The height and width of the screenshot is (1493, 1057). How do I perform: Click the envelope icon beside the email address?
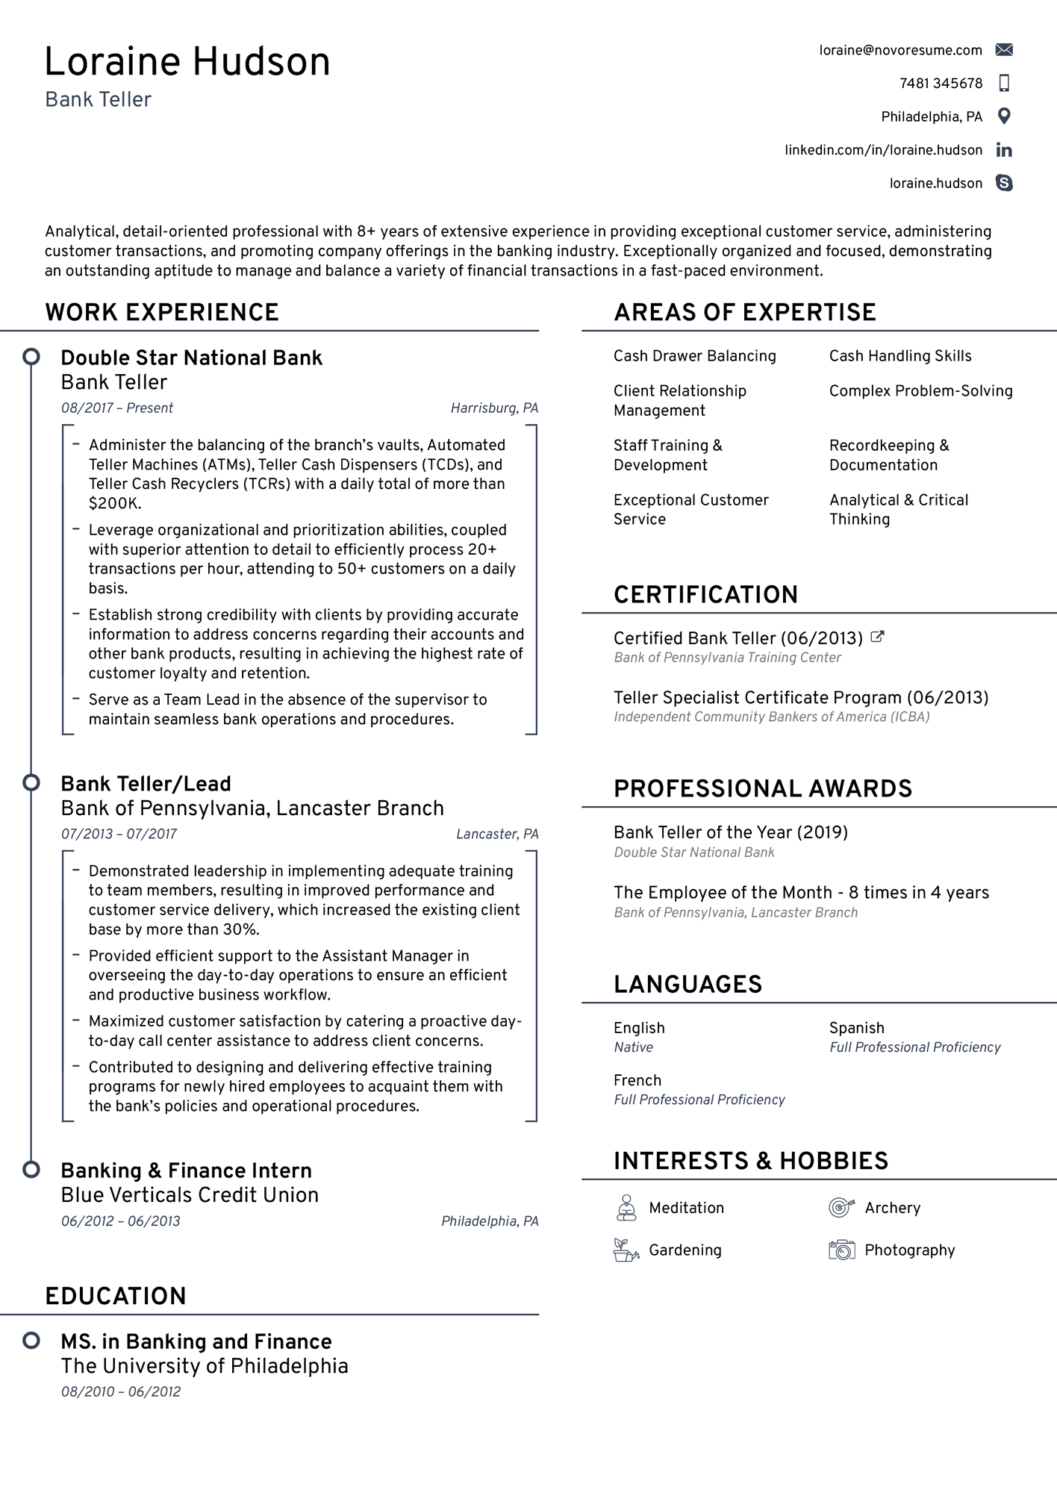(x=1004, y=50)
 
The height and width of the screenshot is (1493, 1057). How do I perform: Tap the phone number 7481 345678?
(x=941, y=84)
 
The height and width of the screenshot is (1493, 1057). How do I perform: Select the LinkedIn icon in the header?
(x=1004, y=150)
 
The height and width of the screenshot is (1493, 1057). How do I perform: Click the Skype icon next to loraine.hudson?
(x=1004, y=183)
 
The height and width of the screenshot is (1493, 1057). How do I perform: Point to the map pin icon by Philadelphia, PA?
(x=1004, y=116)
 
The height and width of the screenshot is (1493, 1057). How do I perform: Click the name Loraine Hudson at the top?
(x=187, y=62)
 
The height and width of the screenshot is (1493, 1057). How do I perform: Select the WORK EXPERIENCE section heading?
(x=162, y=312)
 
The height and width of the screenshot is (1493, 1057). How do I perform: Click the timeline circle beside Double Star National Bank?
(x=31, y=357)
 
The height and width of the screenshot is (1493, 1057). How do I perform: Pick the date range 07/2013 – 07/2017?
(x=119, y=834)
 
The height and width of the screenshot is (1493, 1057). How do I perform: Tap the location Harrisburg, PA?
(x=494, y=408)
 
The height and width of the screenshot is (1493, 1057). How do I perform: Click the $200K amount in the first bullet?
(x=114, y=504)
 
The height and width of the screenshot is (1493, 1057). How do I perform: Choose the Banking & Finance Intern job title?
(x=186, y=1171)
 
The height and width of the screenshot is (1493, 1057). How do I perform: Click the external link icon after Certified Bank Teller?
(x=878, y=637)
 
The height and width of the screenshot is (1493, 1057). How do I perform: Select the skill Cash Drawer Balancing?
(x=694, y=356)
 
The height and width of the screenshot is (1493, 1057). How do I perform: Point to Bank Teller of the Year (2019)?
(x=730, y=832)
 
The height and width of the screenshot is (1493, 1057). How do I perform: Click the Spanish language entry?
(x=856, y=1028)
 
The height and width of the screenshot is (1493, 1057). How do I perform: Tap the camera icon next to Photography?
(x=841, y=1250)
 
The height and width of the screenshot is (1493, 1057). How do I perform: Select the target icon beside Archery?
(x=841, y=1207)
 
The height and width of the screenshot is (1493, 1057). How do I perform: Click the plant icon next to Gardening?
(x=626, y=1250)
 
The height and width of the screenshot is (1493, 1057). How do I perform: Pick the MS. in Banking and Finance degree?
(x=196, y=1341)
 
